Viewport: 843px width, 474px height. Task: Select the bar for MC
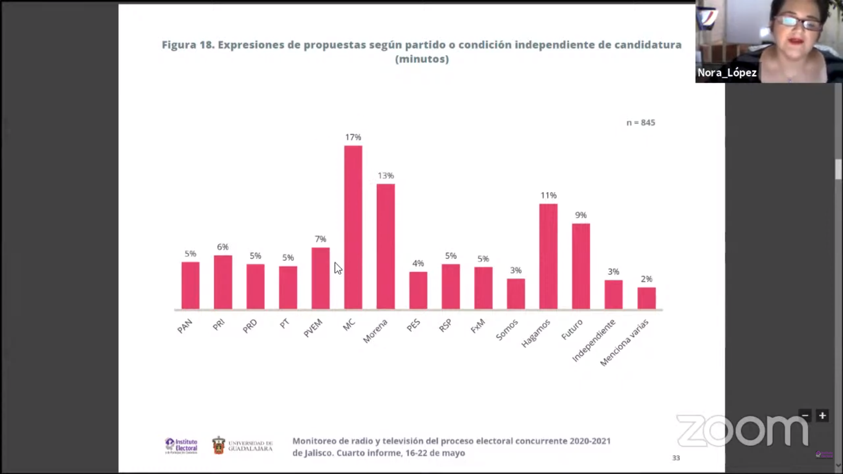tap(353, 227)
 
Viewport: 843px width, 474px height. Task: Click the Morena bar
tap(385, 246)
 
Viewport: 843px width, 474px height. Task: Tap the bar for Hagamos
tap(548, 256)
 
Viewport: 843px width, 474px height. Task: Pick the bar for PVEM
tap(321, 278)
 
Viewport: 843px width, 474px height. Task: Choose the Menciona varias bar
tap(646, 298)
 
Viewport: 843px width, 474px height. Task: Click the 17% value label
tap(353, 137)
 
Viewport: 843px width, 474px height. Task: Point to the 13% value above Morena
tap(385, 176)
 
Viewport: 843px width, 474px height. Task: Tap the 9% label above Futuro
tap(581, 215)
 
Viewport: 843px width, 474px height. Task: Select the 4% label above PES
tap(418, 263)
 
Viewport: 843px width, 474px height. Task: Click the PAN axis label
tap(185, 326)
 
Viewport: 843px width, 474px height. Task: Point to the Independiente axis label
tap(594, 341)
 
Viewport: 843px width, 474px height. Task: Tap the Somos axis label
tap(507, 330)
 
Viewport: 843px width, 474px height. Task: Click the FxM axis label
tap(478, 326)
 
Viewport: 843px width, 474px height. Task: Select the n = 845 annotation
tap(641, 123)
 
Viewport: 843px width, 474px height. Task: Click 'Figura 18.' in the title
tap(188, 45)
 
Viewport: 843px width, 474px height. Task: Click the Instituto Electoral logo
tap(181, 445)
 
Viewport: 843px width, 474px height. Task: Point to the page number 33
tap(676, 458)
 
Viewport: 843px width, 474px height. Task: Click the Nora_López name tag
tap(727, 72)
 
